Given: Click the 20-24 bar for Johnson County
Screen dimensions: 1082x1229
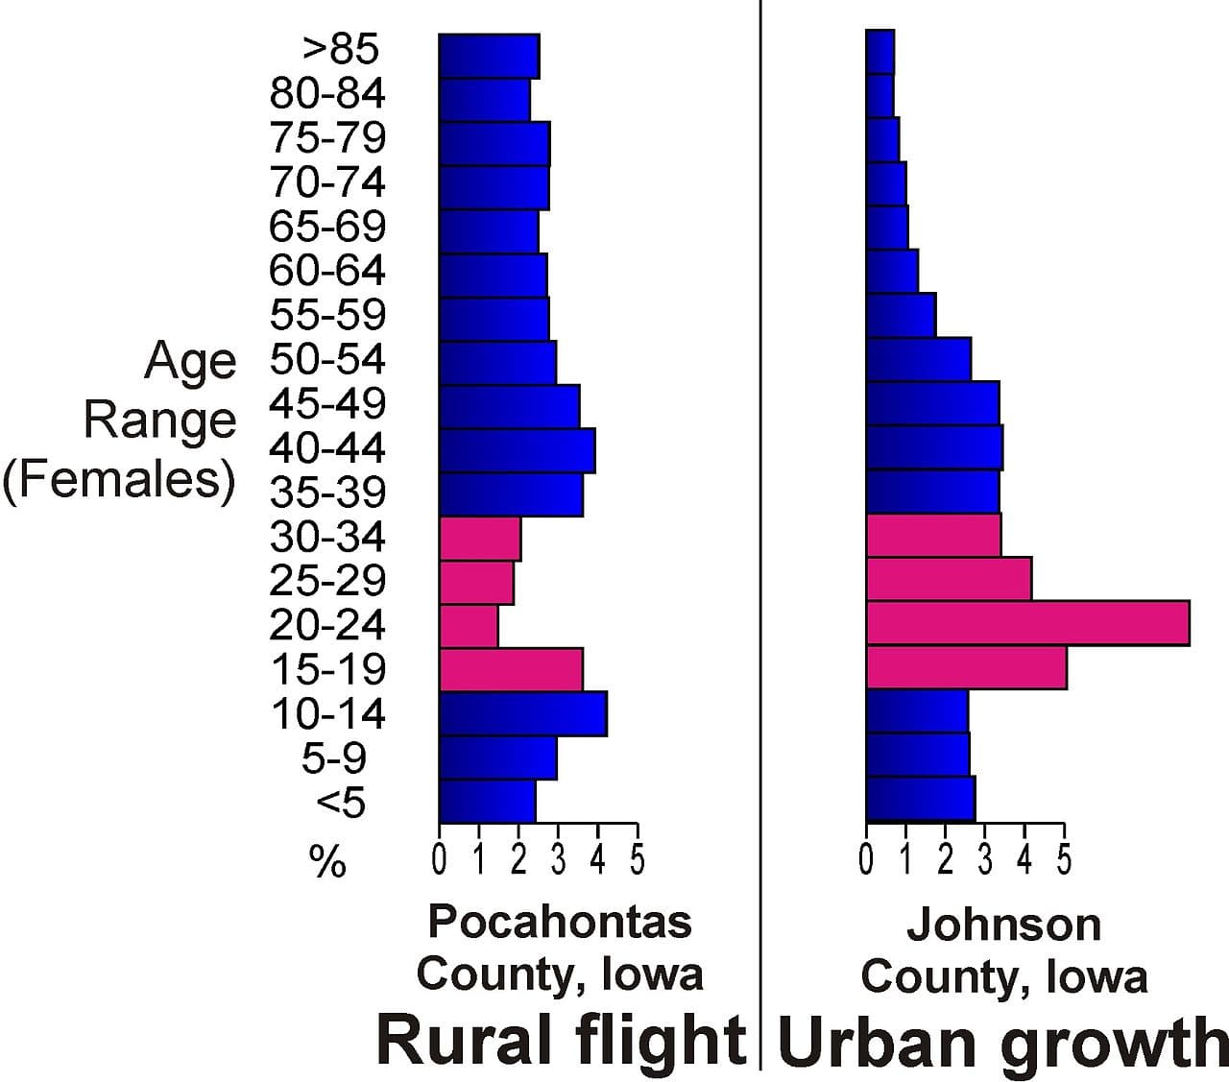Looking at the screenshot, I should (1027, 623).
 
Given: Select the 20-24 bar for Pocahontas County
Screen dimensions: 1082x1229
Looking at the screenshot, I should (469, 626).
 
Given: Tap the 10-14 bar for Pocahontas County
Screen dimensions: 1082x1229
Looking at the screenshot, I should (522, 714).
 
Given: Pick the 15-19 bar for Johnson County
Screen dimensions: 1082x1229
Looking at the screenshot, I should (966, 667).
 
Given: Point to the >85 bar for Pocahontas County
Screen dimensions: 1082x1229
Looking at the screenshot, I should (489, 56).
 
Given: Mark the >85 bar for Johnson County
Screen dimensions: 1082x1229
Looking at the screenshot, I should (880, 52).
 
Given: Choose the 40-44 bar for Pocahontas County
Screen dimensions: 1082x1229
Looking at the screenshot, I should (517, 450).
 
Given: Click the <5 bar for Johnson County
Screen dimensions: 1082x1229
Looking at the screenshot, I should (920, 800).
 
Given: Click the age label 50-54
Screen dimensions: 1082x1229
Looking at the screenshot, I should (327, 359).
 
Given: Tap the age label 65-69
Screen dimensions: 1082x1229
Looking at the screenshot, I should (327, 227).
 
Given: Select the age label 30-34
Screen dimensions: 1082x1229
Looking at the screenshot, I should (327, 536).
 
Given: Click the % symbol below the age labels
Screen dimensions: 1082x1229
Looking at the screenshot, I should (327, 863).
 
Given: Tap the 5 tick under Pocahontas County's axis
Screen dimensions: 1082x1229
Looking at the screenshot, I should (638, 858).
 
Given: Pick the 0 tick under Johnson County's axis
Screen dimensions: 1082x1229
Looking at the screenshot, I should (866, 858).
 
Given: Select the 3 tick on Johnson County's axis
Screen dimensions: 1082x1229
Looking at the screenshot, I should (985, 858).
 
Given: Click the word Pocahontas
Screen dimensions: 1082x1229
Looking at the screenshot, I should (559, 922).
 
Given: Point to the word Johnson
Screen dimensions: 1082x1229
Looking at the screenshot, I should (1003, 925).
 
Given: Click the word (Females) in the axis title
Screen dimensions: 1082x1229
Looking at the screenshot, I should (119, 480).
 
